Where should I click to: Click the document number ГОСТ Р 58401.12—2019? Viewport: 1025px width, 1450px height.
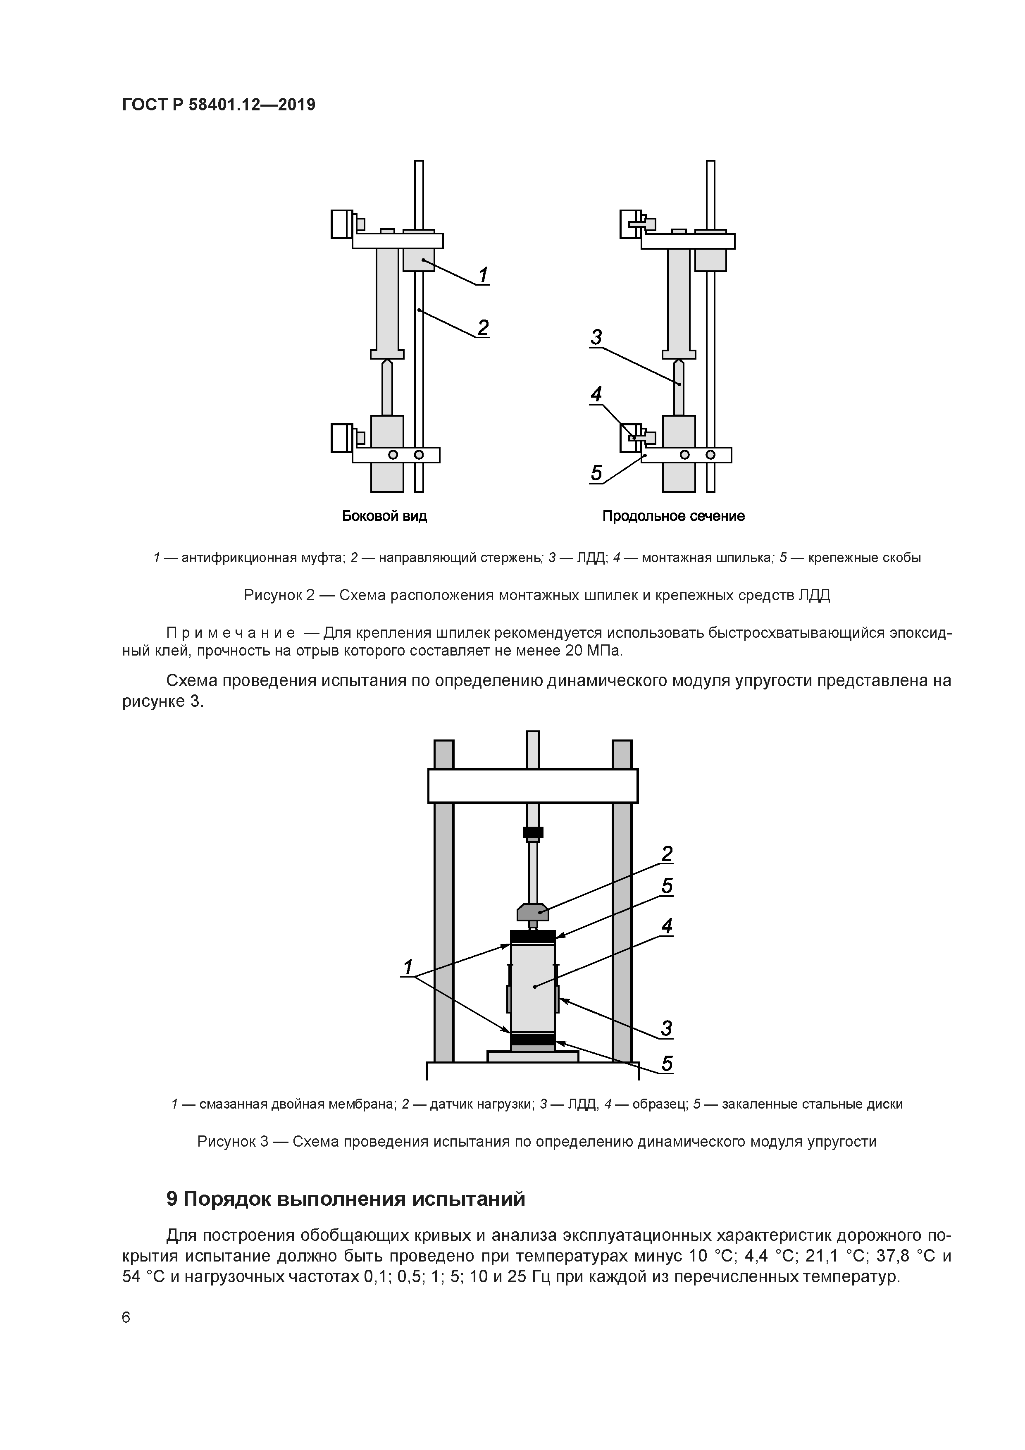(x=219, y=105)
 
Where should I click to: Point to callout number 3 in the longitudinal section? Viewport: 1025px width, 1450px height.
(x=596, y=338)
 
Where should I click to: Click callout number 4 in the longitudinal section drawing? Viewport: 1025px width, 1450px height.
(x=596, y=395)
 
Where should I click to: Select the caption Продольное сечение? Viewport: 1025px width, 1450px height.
(x=673, y=516)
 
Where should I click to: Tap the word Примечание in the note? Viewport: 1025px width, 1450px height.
(x=231, y=633)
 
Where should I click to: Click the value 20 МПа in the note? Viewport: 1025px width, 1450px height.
(x=593, y=651)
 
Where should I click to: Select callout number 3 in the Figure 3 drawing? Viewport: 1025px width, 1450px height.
(x=667, y=1029)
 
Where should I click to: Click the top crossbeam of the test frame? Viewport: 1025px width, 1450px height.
(x=532, y=786)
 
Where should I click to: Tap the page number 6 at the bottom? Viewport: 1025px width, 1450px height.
(x=126, y=1317)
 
